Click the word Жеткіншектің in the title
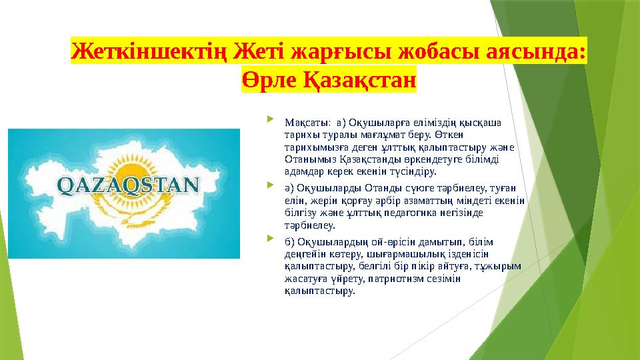(149, 51)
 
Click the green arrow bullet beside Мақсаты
(270, 119)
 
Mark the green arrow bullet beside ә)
(270, 185)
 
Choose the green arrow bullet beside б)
(270, 238)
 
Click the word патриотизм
(392, 279)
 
